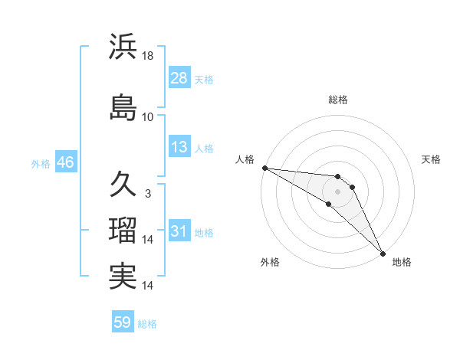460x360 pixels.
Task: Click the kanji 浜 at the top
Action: (123, 47)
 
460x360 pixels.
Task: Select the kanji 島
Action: (123, 107)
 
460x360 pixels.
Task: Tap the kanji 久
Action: (123, 184)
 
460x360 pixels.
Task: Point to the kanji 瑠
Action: (123, 230)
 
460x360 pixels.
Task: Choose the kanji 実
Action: (123, 276)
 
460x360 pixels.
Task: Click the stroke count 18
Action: (149, 56)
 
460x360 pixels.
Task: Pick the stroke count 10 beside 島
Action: (148, 116)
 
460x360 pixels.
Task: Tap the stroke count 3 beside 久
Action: (148, 194)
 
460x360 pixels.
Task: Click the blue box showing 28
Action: (179, 78)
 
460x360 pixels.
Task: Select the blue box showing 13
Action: (179, 148)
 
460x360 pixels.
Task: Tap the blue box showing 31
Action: (179, 231)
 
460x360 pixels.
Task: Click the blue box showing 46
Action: (65, 162)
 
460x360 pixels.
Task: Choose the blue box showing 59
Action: (123, 322)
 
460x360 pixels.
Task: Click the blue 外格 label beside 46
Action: (41, 163)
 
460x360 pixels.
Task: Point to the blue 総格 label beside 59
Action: (147, 323)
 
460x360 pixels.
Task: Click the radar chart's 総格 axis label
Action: (338, 100)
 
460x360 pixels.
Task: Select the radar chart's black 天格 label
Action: (432, 159)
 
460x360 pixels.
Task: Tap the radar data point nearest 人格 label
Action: (264, 168)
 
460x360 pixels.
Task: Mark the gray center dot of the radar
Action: (338, 191)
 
